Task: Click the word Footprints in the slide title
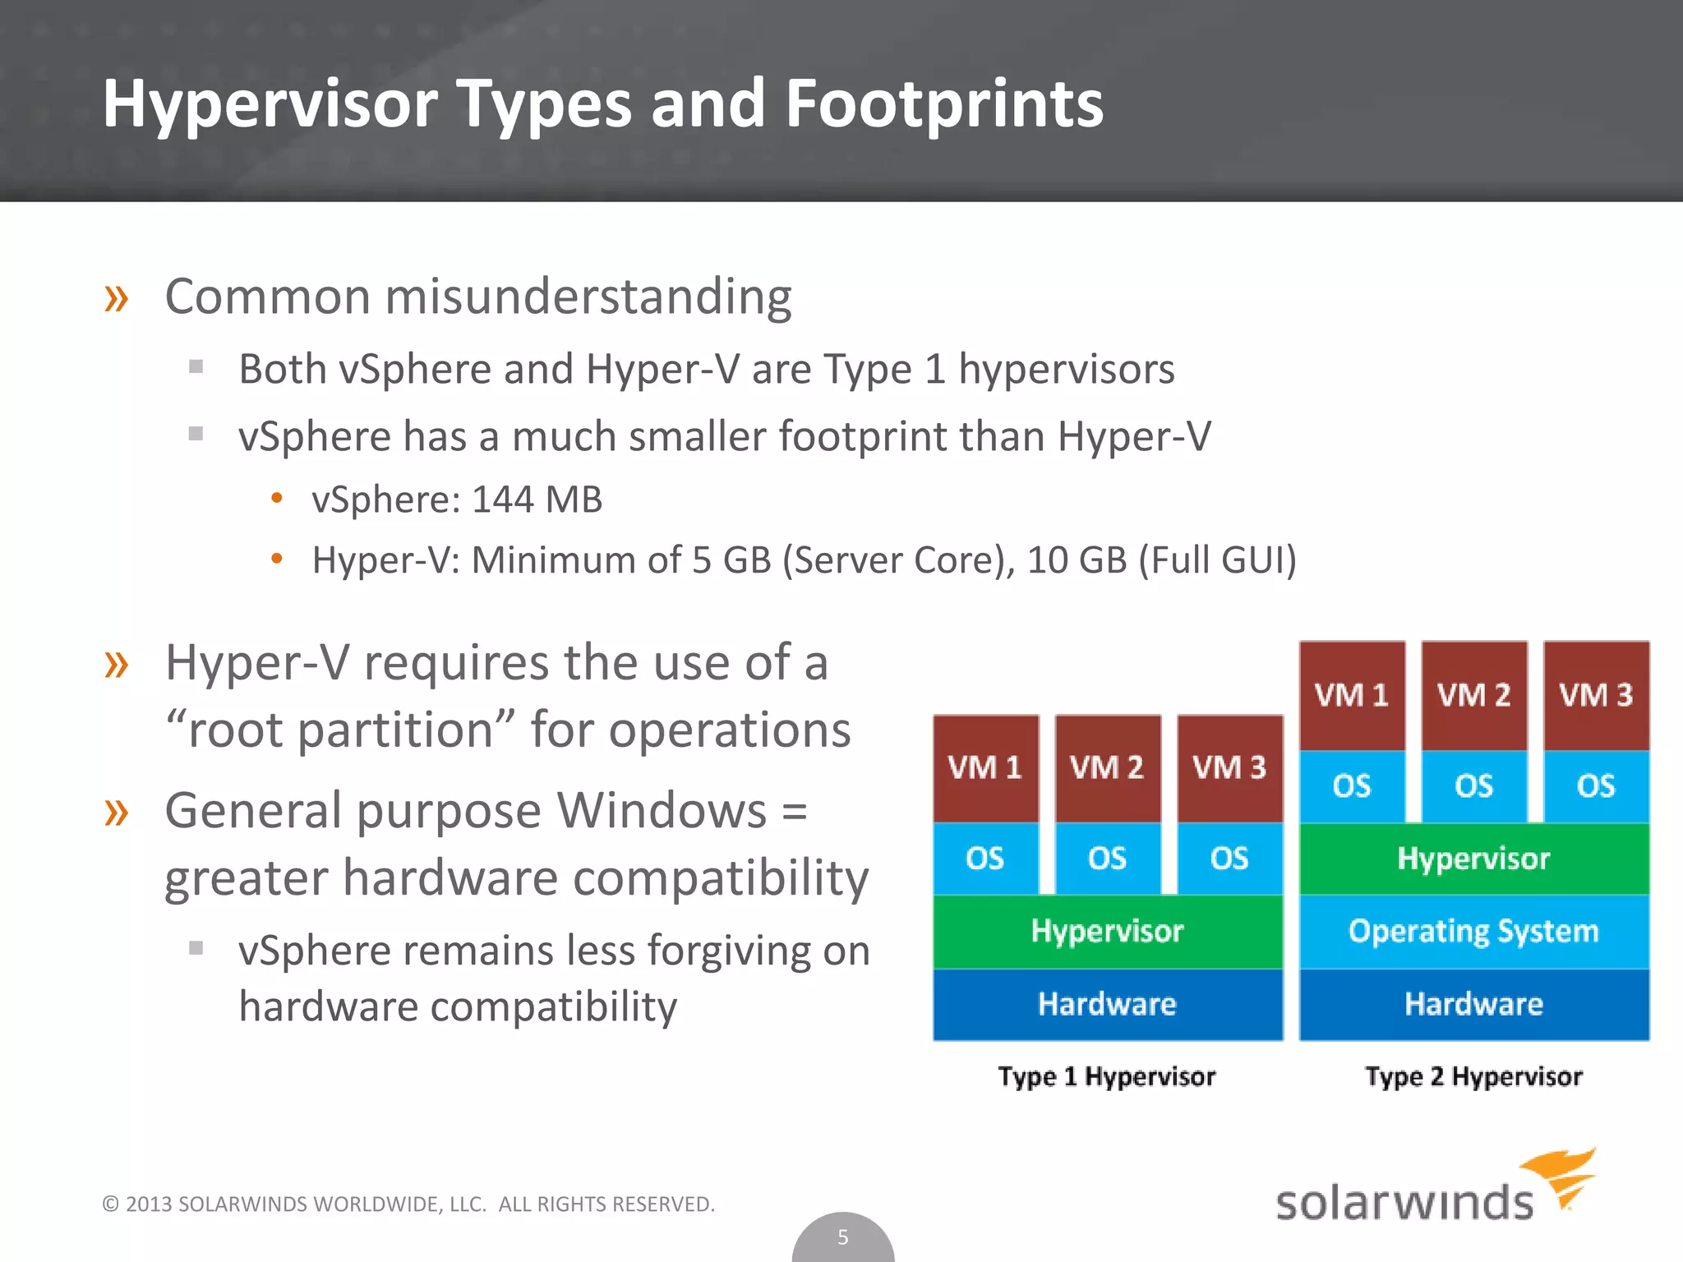point(943,104)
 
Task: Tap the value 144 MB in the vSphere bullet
point(537,500)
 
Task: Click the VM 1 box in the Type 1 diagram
point(984,768)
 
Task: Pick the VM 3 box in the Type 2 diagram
point(1596,695)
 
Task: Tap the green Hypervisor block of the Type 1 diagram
point(1107,931)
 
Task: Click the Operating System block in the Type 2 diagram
point(1473,931)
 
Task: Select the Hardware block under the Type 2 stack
point(1473,1004)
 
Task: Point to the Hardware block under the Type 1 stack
point(1107,1004)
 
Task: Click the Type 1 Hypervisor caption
point(1106,1076)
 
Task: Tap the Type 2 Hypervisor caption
point(1473,1076)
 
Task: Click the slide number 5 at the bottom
point(842,1237)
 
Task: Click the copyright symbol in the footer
point(110,1204)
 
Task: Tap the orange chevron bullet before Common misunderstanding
point(116,298)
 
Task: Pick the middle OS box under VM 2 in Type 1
point(1107,859)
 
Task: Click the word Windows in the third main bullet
point(662,811)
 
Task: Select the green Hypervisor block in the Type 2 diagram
point(1473,859)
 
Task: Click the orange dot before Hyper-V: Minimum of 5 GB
point(277,560)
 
